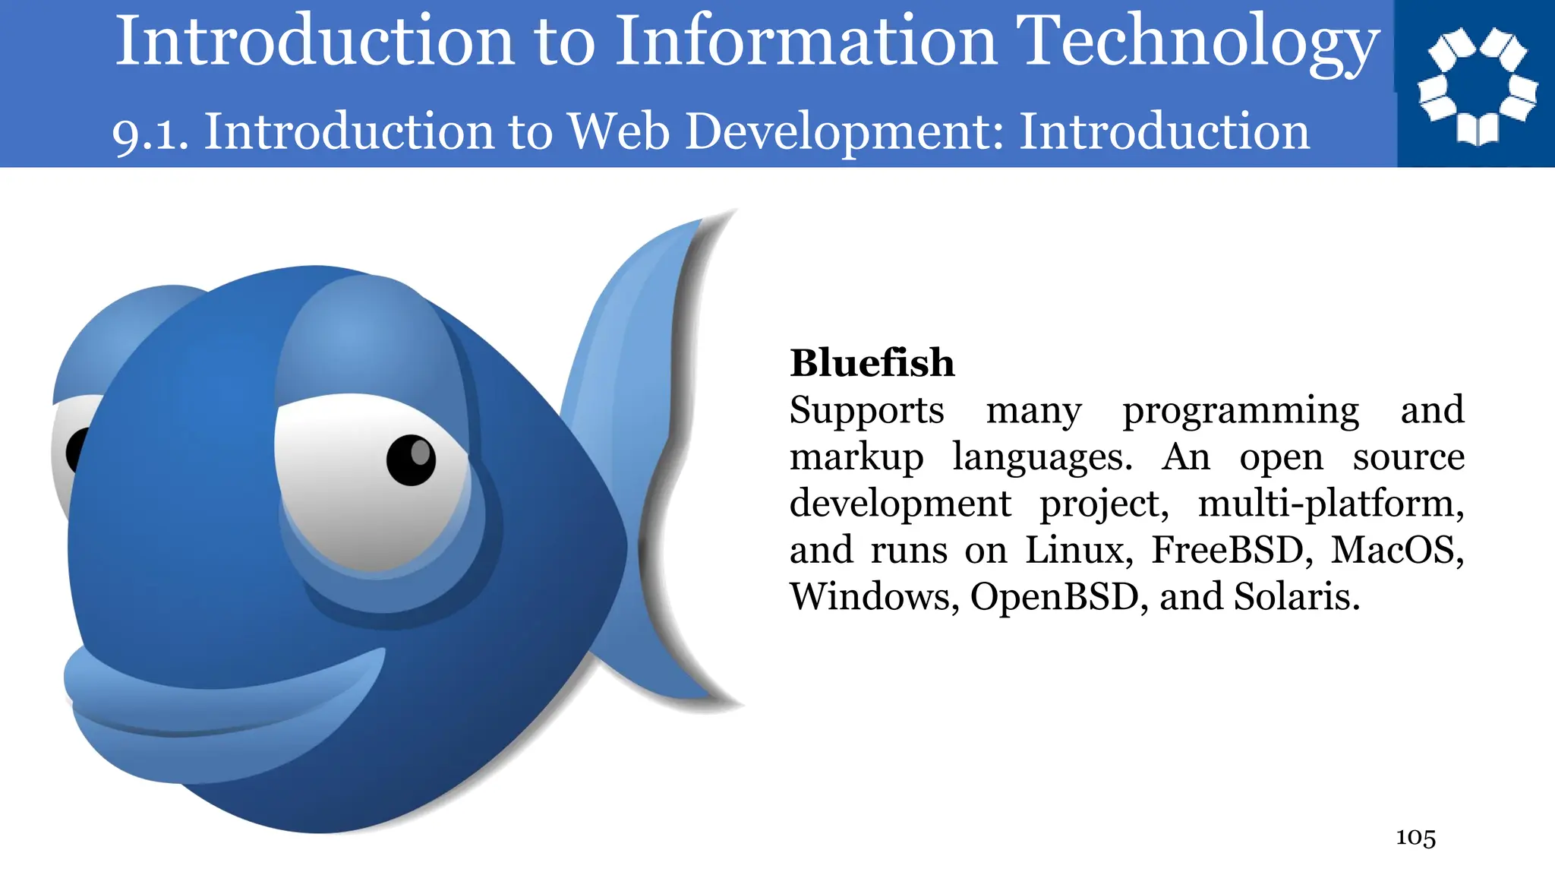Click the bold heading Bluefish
872,363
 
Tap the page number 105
1415,837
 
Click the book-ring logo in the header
1476,85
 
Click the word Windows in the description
873,597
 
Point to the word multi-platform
1329,504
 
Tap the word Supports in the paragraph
866,411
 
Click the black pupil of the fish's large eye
411,460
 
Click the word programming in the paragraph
1241,411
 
